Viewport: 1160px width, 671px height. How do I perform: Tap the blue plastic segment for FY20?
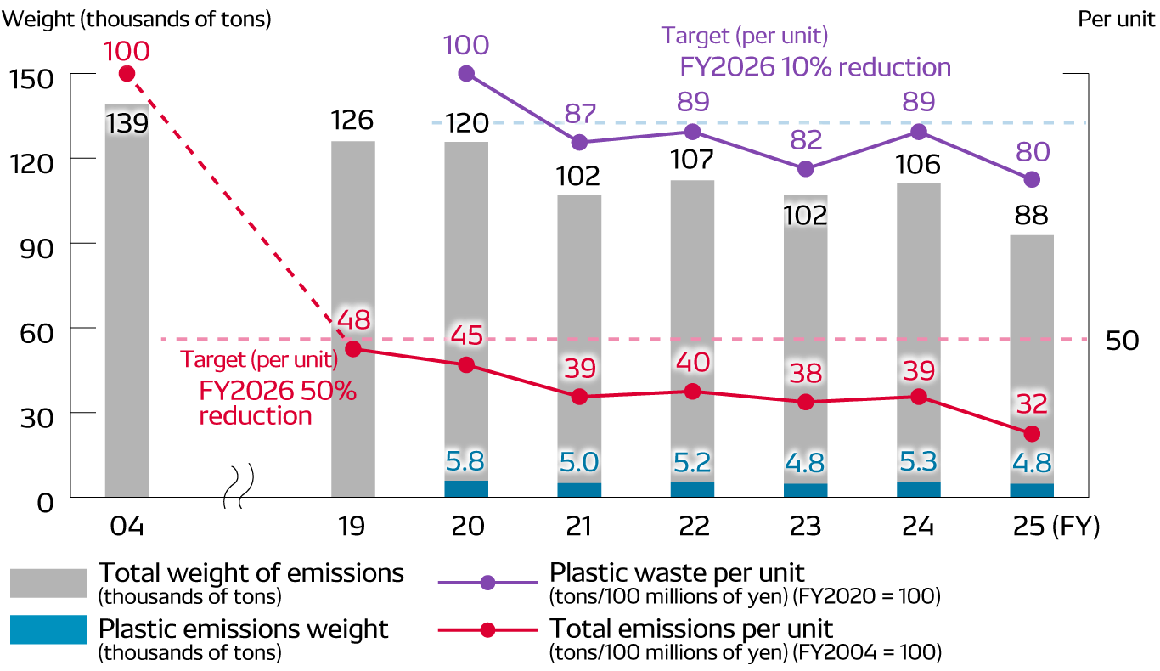466,489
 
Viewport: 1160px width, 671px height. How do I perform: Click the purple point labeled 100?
466,74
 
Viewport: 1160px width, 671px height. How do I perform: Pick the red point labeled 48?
353,348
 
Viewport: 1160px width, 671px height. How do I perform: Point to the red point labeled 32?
1032,434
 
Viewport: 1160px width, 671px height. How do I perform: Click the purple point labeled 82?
806,169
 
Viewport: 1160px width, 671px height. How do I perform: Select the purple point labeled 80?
1032,179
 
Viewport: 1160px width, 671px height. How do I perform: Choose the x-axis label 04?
127,527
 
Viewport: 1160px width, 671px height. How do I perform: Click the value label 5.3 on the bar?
919,463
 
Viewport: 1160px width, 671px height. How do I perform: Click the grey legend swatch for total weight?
48,584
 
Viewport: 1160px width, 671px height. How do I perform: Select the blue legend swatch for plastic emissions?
48,629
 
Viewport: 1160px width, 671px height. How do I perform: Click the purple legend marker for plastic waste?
487,583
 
